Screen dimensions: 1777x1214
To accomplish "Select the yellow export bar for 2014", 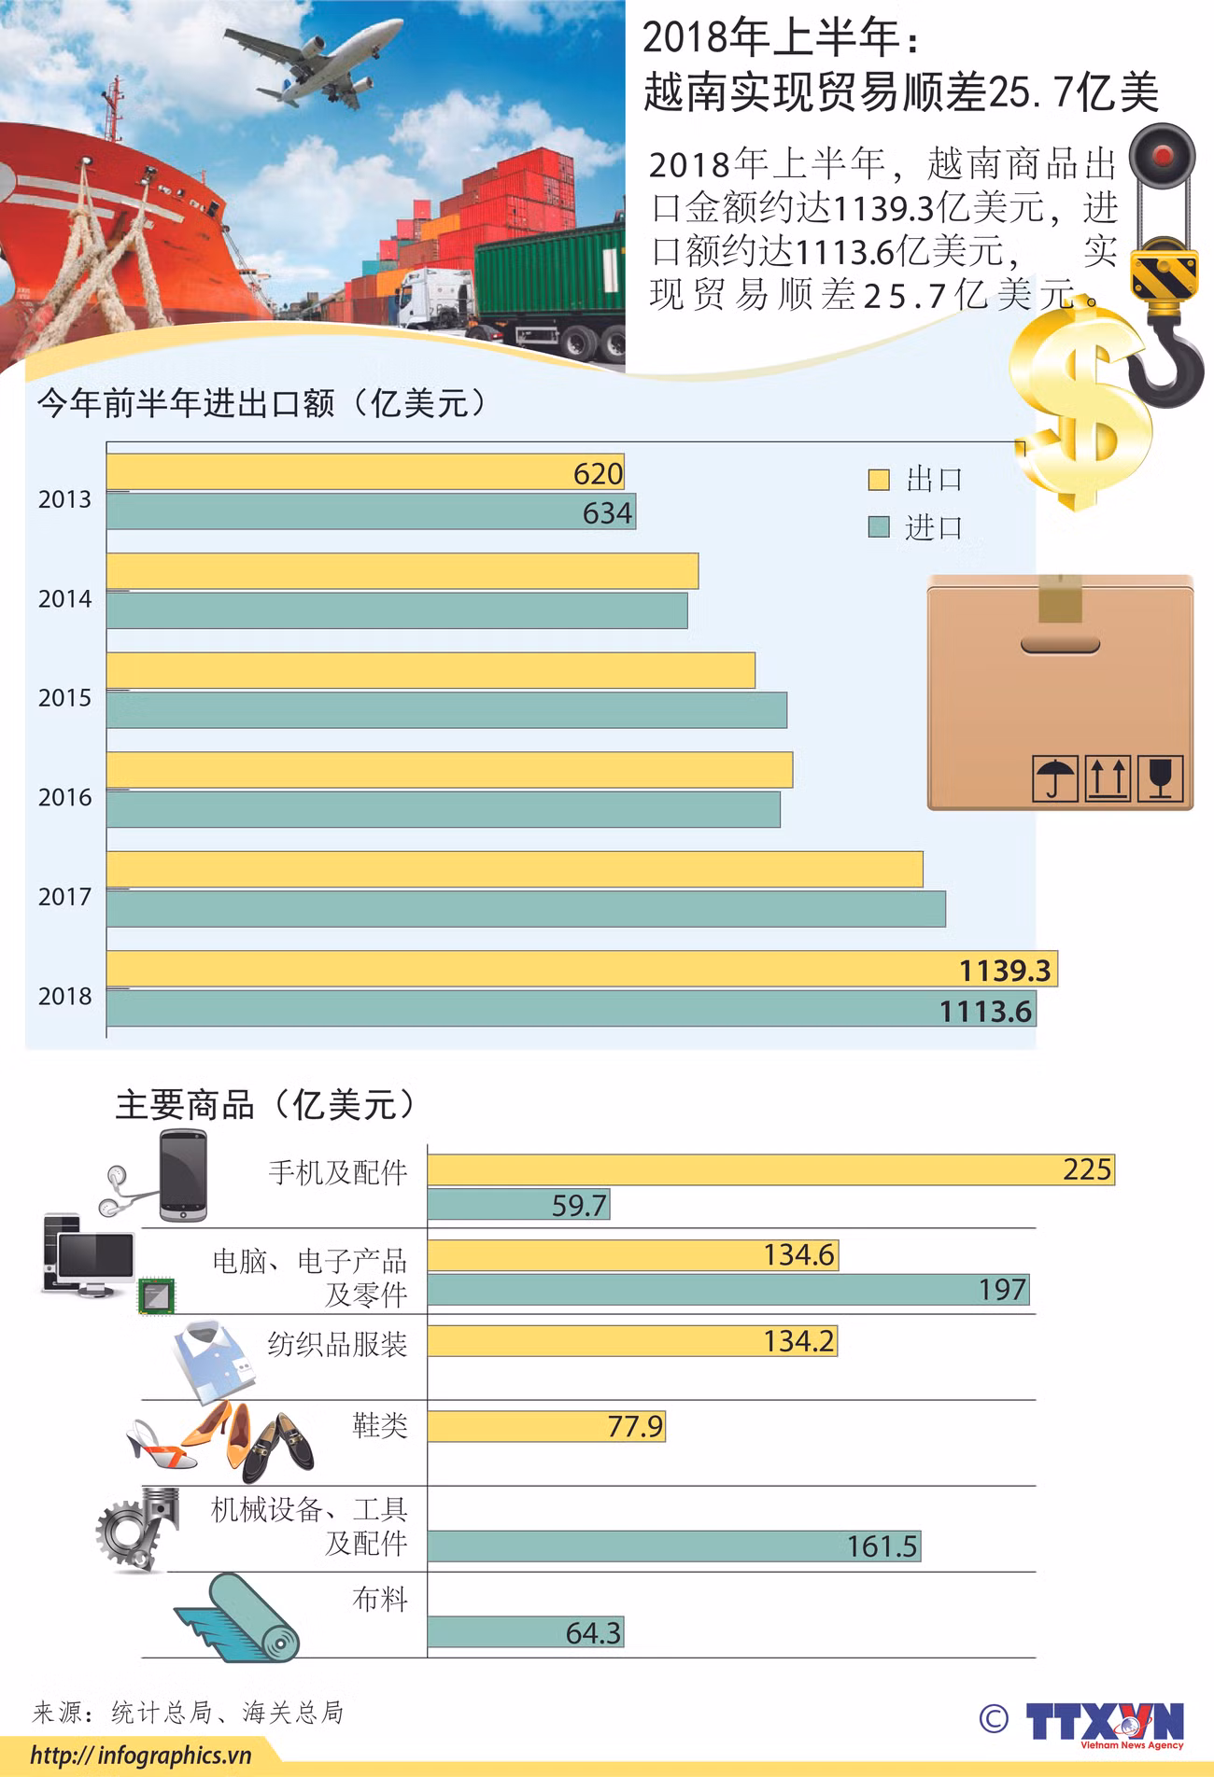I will tap(402, 571).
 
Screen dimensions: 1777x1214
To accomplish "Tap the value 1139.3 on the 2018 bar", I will tap(1005, 971).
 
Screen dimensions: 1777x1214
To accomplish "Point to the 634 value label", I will tap(607, 513).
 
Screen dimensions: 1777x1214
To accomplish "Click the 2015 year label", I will tap(64, 698).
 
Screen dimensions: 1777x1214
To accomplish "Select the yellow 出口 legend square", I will tap(878, 480).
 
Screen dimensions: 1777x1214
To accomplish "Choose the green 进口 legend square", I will tap(878, 528).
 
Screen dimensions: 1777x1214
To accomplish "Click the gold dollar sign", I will tap(1083, 411).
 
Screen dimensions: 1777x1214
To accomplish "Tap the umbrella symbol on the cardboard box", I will tap(1055, 777).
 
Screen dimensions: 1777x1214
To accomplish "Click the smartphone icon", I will tap(182, 1176).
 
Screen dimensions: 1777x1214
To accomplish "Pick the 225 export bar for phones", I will tap(770, 1169).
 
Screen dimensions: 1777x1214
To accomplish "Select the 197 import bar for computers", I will tap(728, 1290).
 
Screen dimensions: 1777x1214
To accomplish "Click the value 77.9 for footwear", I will tap(635, 1427).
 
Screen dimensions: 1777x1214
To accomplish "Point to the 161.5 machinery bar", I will tap(672, 1546).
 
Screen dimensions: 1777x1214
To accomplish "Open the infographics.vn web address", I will tap(141, 1756).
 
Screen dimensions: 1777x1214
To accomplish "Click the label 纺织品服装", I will tap(337, 1345).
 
